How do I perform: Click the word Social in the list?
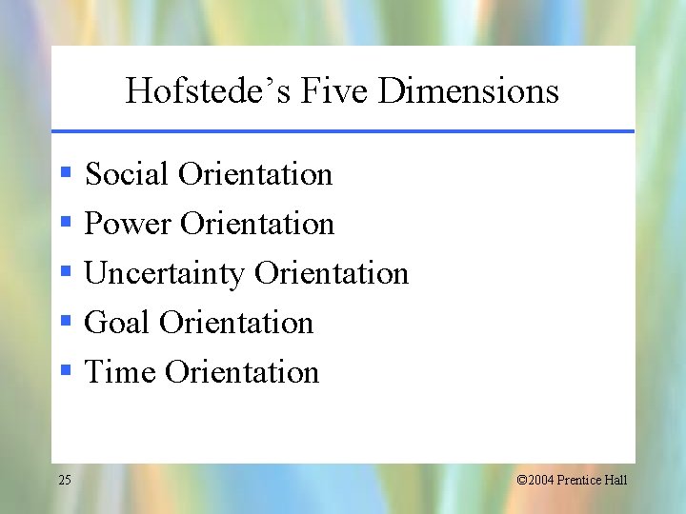[x=127, y=174]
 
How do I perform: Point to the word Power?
[x=128, y=224]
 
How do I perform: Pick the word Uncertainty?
[x=165, y=274]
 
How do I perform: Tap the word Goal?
[x=117, y=323]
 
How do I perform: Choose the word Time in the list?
[x=120, y=372]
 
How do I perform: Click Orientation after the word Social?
[x=255, y=174]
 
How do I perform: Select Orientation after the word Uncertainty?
[x=332, y=274]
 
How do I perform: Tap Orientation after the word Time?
[x=242, y=372]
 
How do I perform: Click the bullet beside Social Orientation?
[x=65, y=173]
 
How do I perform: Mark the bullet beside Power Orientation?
[x=65, y=223]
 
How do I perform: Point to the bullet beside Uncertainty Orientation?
[x=65, y=272]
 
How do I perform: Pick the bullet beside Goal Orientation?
[x=65, y=322]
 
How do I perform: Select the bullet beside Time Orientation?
[x=65, y=371]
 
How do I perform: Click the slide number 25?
[x=64, y=480]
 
